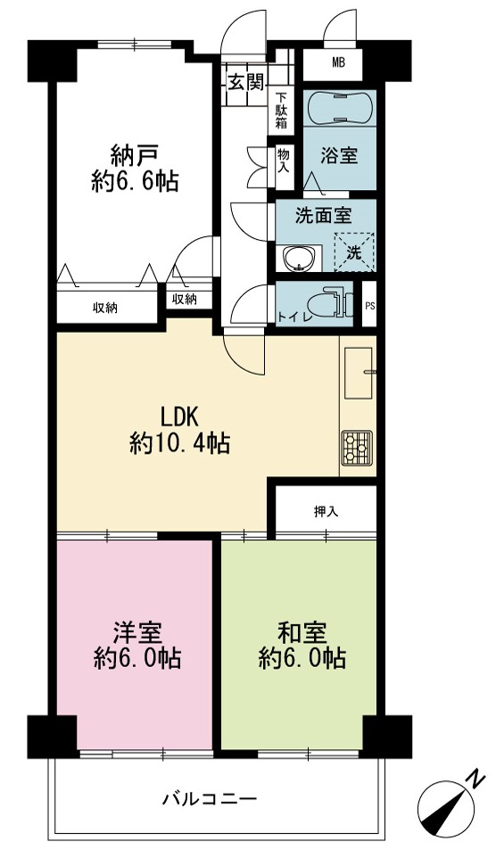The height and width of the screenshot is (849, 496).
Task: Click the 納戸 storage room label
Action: [x=135, y=156]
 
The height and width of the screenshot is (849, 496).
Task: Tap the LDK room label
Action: [x=180, y=417]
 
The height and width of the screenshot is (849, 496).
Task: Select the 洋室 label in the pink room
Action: [x=136, y=632]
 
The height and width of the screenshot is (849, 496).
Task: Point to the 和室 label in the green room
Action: [x=302, y=632]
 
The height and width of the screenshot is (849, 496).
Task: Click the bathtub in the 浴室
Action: [x=340, y=107]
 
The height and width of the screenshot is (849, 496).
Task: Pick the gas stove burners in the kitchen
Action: [x=357, y=448]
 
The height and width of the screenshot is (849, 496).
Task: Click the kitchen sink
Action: [x=359, y=373]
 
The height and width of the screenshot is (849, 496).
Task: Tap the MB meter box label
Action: [x=338, y=62]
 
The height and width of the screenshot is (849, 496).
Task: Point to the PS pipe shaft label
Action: [x=370, y=305]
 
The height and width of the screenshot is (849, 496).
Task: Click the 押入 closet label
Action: [x=326, y=511]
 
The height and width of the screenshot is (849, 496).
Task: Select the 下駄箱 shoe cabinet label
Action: [x=281, y=111]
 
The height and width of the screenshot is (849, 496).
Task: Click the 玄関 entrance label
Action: [x=245, y=82]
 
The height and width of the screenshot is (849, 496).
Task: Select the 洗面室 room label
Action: [x=323, y=216]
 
